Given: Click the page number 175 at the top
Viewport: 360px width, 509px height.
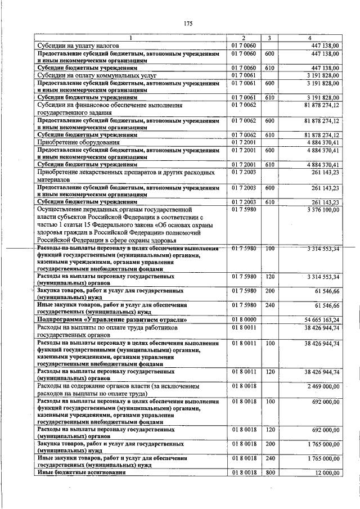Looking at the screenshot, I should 188,23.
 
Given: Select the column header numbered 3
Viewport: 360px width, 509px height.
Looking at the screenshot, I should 269,38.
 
